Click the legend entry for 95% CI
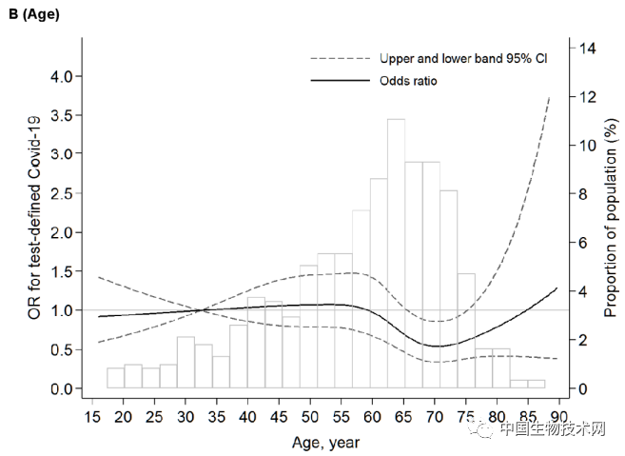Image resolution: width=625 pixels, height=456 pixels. tap(463, 58)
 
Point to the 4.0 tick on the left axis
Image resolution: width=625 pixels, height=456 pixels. tap(60, 76)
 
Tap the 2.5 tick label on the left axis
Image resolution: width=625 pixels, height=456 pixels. tap(60, 193)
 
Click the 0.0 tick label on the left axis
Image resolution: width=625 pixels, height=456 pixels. tap(60, 388)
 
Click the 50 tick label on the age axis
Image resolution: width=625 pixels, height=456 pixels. tap(308, 417)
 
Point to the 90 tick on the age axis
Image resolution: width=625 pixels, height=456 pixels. tap(558, 417)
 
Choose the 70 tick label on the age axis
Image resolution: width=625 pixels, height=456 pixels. tap(434, 417)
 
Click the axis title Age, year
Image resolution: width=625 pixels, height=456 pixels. tap(325, 442)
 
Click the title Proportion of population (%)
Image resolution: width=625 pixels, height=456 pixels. tap(610, 218)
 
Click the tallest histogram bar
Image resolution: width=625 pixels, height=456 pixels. tap(396, 253)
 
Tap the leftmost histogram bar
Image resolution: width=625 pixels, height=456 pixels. tap(115, 377)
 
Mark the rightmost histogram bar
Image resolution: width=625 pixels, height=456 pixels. tap(537, 384)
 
